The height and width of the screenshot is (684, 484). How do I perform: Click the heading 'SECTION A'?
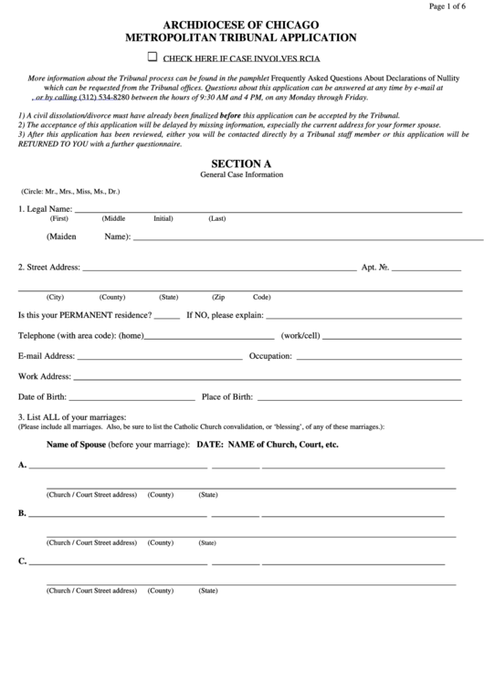[241, 163]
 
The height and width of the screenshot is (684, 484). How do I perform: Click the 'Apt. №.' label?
[376, 268]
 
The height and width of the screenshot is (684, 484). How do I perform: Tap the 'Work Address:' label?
[45, 375]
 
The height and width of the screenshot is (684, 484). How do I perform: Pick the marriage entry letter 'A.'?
[23, 465]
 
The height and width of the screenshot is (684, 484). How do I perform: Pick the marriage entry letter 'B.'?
[23, 513]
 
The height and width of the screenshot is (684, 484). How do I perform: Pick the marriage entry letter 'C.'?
[23, 562]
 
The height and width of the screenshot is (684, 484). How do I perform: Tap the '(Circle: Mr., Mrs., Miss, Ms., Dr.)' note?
[70, 192]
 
